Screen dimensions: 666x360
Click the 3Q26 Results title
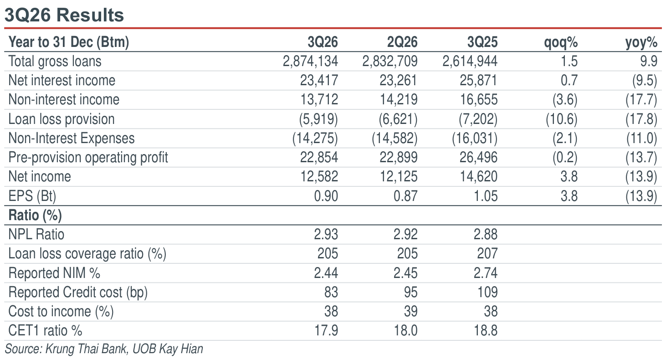click(64, 15)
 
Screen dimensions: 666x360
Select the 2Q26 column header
click(402, 42)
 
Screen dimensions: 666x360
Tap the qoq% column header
click(561, 42)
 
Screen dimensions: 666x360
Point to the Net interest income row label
click(62, 80)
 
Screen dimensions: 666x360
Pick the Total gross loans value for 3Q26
click(310, 61)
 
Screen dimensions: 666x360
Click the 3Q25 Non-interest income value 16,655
click(479, 99)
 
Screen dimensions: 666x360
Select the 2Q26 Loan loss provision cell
click(398, 119)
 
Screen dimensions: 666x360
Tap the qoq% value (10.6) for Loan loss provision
click(561, 119)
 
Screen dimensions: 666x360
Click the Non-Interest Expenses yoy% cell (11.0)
click(641, 139)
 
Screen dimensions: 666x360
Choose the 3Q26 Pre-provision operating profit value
click(319, 157)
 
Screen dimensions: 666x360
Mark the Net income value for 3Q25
click(479, 176)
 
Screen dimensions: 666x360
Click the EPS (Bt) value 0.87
click(405, 196)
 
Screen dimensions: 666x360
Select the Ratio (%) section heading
click(35, 215)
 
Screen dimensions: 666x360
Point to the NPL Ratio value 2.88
click(485, 234)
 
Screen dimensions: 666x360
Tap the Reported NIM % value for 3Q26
click(326, 273)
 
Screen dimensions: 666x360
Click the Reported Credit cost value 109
click(487, 292)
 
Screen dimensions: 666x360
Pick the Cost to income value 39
click(410, 311)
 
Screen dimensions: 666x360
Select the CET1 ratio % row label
click(45, 330)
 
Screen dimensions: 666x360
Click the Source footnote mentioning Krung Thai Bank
click(104, 349)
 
